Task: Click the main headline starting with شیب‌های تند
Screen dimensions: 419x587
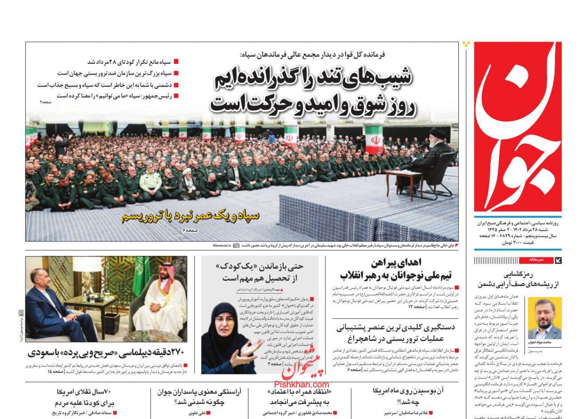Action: click(x=312, y=92)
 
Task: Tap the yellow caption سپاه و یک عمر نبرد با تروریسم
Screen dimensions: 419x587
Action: click(x=190, y=216)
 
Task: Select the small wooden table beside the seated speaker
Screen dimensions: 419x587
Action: click(x=404, y=181)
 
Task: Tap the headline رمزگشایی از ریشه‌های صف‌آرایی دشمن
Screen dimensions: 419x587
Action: click(x=517, y=279)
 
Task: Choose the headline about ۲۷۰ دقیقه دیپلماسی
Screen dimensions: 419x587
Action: click(x=106, y=352)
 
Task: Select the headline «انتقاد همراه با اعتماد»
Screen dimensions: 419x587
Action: click(x=301, y=396)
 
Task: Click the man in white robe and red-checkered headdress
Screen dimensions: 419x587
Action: click(x=160, y=301)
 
